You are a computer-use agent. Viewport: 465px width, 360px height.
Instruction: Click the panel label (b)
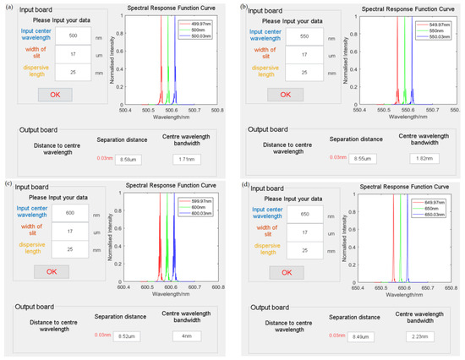coord(244,7)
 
